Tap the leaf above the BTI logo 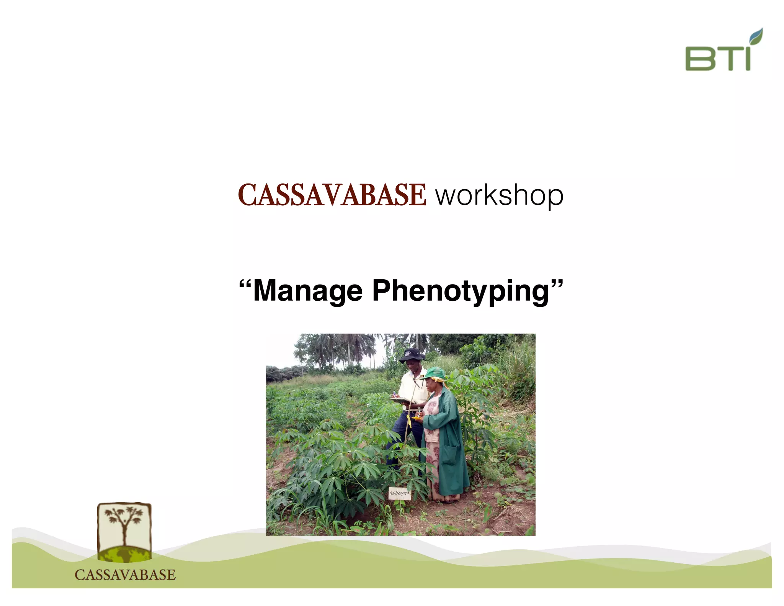tap(756, 36)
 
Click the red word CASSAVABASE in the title tap(332, 195)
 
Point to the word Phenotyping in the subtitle tap(461, 291)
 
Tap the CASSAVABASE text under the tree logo tap(125, 575)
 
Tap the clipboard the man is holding tap(400, 401)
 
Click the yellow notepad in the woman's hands tap(416, 418)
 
